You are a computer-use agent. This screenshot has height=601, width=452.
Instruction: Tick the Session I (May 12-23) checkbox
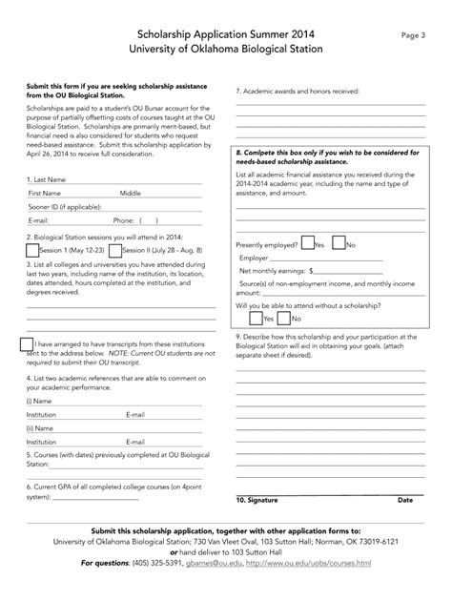point(32,250)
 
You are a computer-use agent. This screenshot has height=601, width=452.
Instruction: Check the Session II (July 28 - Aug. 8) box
point(113,250)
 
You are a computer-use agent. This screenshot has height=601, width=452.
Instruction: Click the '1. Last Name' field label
point(47,178)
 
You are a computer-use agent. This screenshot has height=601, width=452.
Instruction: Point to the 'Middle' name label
point(130,192)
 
